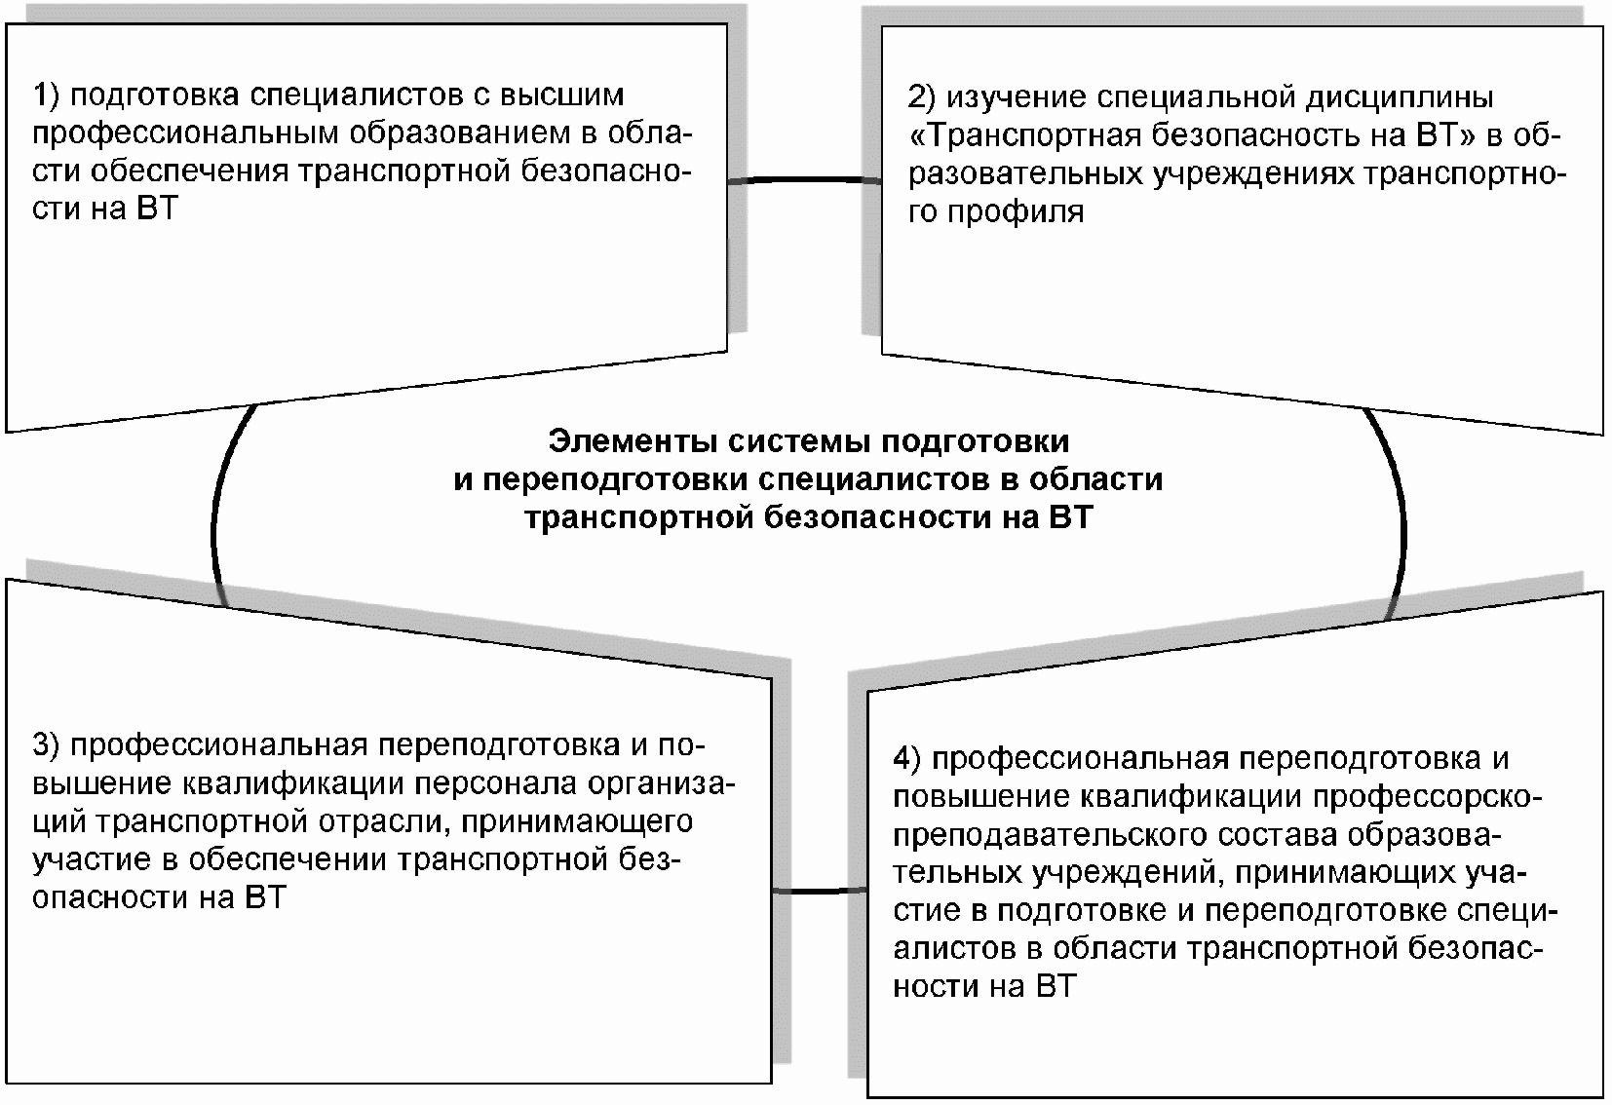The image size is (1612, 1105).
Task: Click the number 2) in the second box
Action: pos(921,98)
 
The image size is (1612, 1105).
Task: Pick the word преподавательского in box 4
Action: pos(1051,835)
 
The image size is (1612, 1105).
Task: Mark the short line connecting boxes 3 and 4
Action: pos(819,891)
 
